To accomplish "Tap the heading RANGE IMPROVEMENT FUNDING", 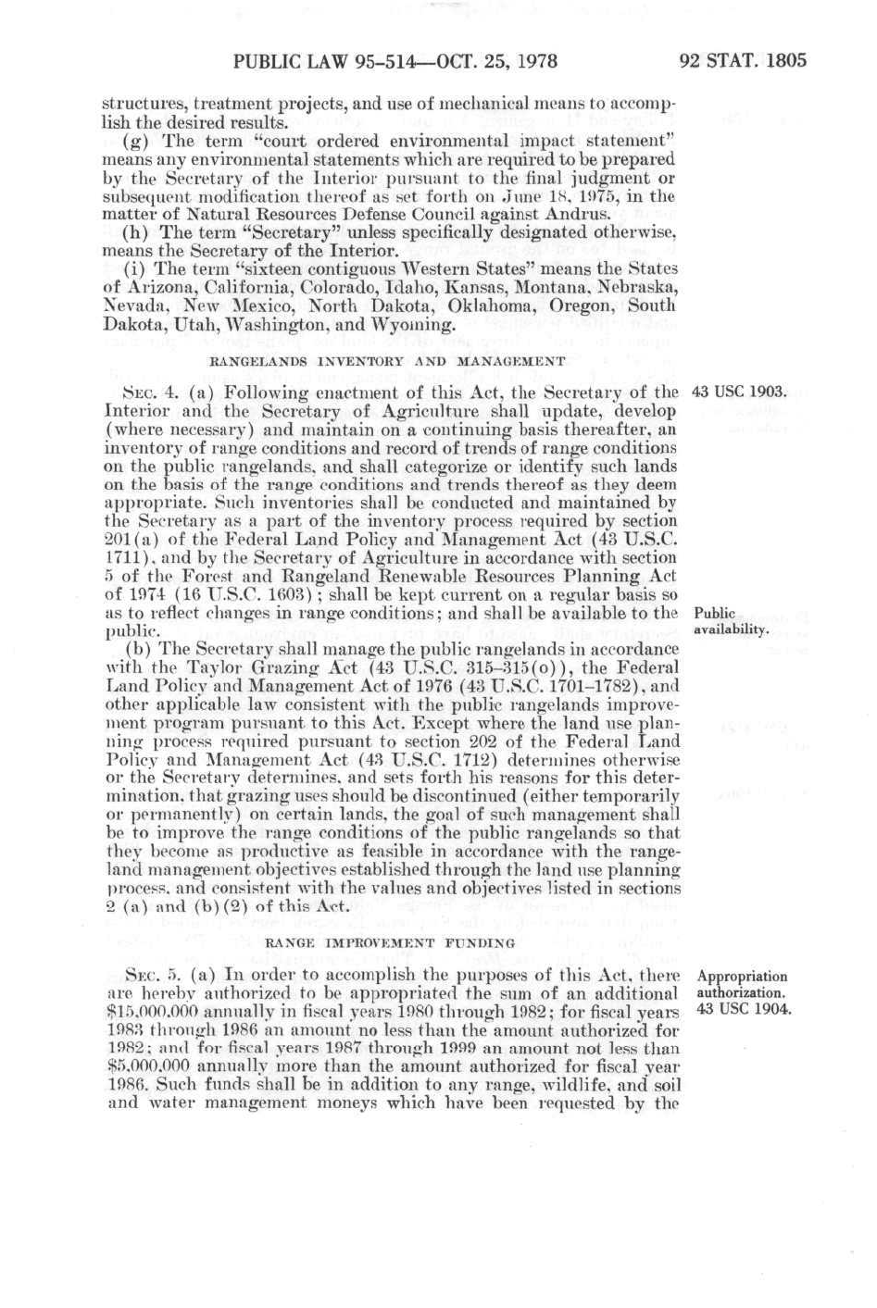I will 390,942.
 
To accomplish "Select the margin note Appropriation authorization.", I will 742,983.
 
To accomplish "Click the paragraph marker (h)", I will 134,231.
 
